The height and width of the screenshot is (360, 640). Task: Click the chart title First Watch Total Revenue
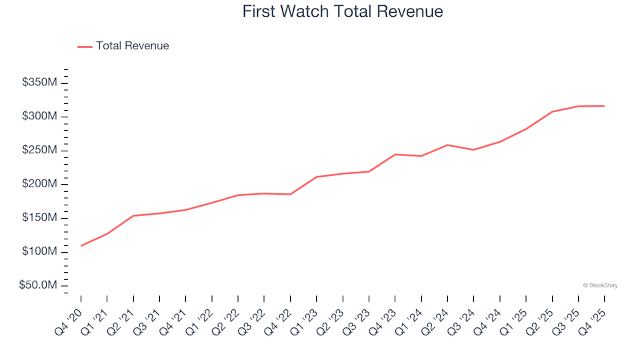click(343, 11)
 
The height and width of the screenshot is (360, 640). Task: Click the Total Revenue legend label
click(132, 46)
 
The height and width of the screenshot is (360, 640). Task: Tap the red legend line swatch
click(85, 47)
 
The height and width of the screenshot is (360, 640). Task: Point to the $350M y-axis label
click(40, 83)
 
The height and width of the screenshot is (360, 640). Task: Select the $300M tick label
click(40, 117)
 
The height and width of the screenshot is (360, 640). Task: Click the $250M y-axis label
click(40, 151)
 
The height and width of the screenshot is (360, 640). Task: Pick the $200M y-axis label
click(40, 184)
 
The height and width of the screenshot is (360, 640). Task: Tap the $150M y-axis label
click(40, 218)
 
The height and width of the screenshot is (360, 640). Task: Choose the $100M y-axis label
click(40, 252)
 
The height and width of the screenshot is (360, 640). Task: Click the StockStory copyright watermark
click(600, 285)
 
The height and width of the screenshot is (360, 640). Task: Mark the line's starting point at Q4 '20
click(81, 246)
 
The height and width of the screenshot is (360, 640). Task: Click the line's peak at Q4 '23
click(395, 155)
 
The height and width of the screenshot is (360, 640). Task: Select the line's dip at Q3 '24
click(473, 150)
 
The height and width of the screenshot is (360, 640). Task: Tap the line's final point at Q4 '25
click(604, 106)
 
